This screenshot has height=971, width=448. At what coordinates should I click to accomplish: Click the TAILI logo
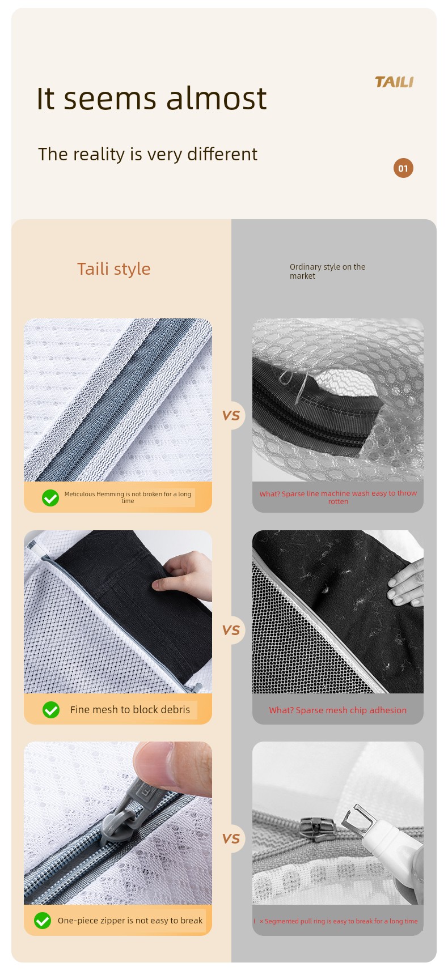point(394,82)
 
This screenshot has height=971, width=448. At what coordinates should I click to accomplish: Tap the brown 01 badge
point(403,168)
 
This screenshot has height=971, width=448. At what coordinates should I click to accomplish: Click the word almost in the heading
point(216,99)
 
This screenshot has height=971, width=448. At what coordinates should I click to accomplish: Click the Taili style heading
point(114,269)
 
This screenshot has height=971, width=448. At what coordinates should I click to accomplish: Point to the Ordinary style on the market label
point(327,271)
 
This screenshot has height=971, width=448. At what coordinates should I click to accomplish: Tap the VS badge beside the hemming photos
point(231,416)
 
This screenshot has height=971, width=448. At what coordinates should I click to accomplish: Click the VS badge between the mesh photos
point(231,630)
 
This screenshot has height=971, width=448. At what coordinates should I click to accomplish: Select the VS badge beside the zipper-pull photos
point(231,838)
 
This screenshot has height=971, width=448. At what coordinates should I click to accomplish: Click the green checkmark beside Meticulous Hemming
point(50,497)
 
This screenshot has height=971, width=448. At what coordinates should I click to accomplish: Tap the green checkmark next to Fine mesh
point(51,710)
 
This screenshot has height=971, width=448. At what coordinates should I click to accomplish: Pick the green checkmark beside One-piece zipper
point(43,920)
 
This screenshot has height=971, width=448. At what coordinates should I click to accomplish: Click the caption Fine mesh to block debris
point(130,710)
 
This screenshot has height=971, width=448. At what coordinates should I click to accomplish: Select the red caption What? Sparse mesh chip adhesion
point(338,710)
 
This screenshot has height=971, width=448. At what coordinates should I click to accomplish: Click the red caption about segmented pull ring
point(339,921)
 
